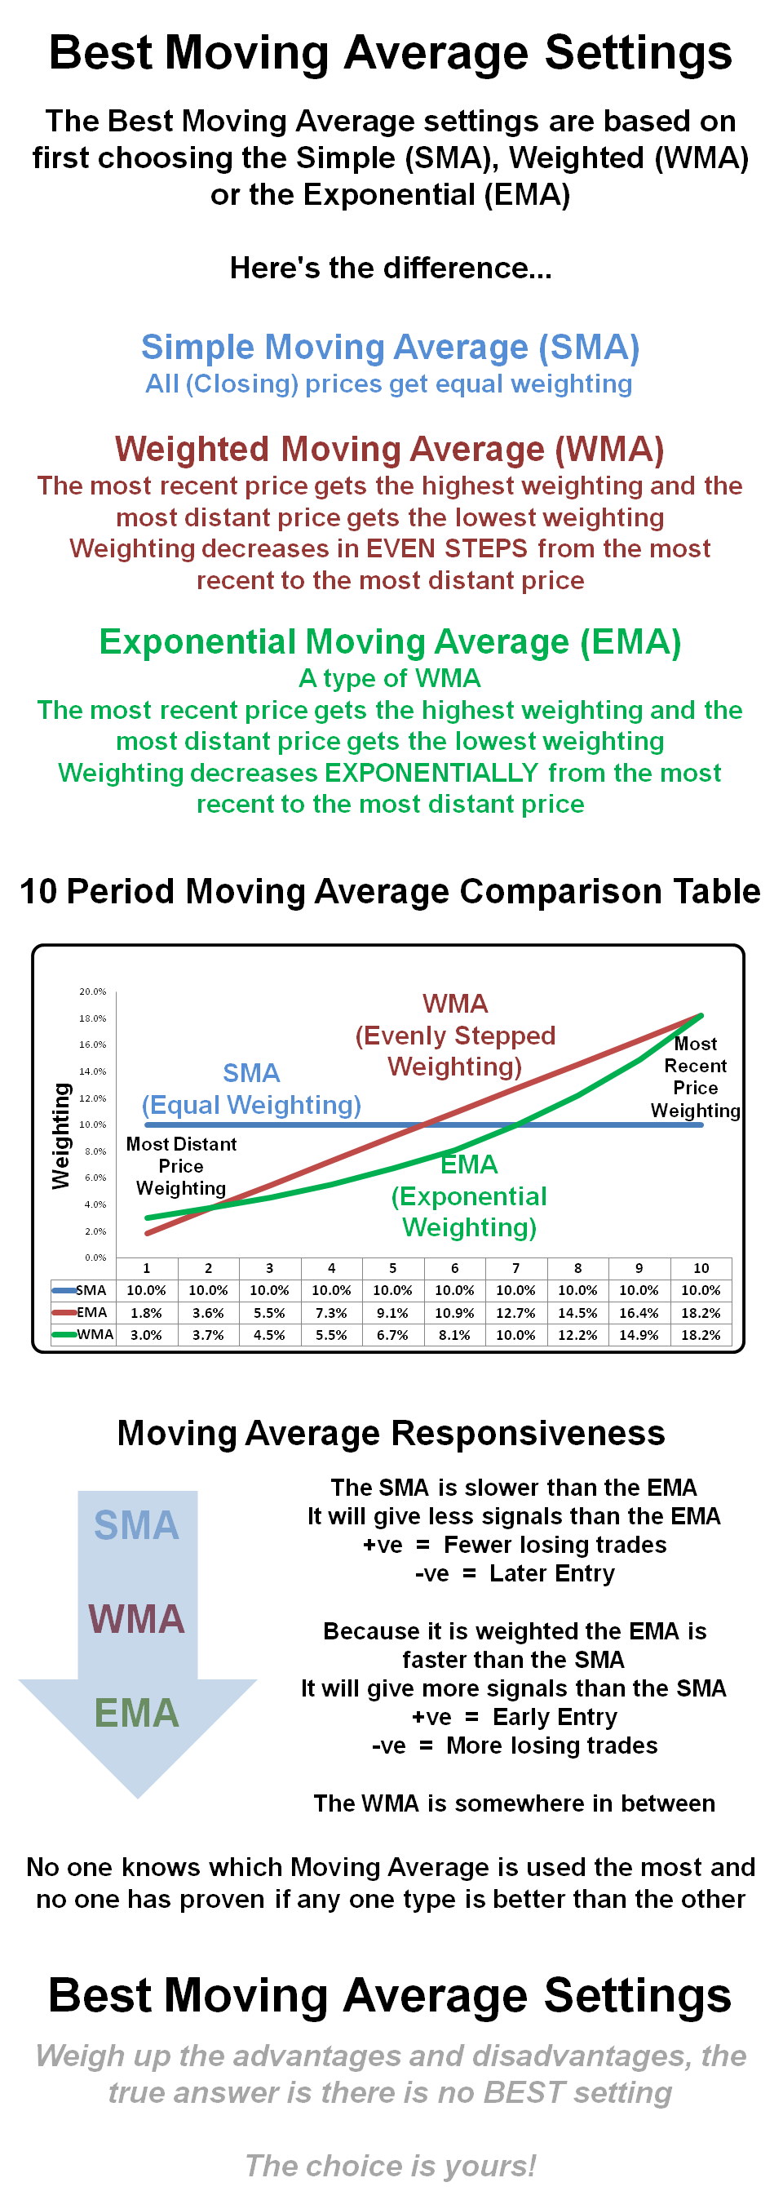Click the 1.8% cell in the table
coord(146,1313)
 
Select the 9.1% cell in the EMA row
coord(393,1313)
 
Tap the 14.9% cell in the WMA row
coord(639,1335)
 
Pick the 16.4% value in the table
coord(639,1313)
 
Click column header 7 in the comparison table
coord(515,1268)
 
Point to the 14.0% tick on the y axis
coord(93,1071)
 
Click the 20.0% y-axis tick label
coord(93,991)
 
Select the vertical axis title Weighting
coord(60,1136)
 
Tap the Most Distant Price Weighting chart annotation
coord(181,1166)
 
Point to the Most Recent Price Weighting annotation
coord(695,1077)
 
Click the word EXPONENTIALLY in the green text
coord(431,773)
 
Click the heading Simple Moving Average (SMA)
coord(390,348)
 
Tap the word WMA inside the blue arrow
coord(137,1618)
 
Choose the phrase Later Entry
coord(551,1573)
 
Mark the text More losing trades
coord(551,1745)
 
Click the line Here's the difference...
coord(390,268)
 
